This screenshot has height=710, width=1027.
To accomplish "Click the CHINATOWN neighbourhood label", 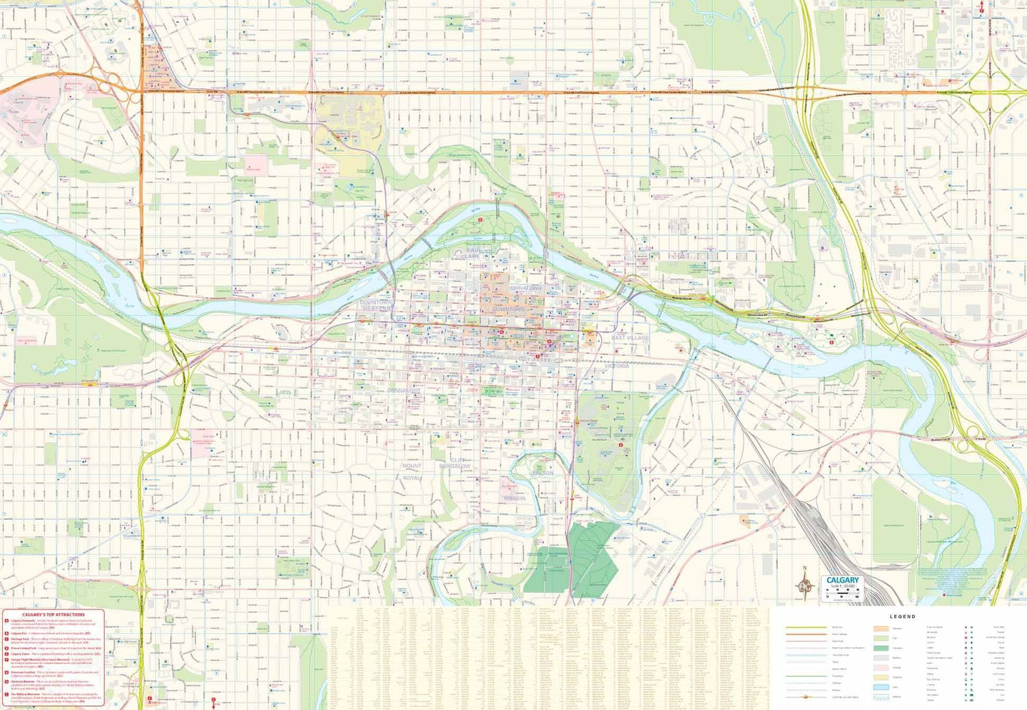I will tap(526, 288).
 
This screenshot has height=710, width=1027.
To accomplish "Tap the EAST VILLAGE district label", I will tap(630, 338).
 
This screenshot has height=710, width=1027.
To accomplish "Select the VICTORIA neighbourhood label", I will tap(616, 366).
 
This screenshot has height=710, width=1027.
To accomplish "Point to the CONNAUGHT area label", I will tap(404, 390).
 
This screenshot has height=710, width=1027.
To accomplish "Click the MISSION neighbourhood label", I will tap(514, 498).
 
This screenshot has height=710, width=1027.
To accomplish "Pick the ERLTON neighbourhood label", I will tap(543, 473).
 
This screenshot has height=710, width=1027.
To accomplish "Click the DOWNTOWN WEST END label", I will tap(377, 305).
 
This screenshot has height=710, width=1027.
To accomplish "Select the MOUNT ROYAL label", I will tap(412, 472).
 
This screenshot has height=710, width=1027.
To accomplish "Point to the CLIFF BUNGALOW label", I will tap(455, 464).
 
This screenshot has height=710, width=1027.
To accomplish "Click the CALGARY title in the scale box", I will tap(842, 580).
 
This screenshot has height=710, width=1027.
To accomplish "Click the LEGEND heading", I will tap(902, 616).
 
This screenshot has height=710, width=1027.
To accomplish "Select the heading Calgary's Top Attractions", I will tap(53, 614).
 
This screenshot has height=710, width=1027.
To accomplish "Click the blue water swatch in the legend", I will tap(880, 687).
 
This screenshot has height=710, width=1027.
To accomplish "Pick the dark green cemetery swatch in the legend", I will tap(880, 648).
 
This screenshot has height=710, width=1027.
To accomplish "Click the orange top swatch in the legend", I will tap(880, 628).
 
